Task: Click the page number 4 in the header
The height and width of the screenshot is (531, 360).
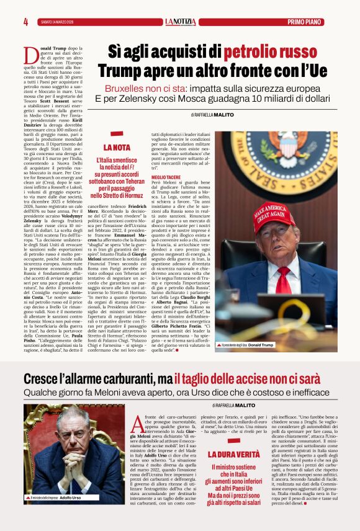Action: [25, 22]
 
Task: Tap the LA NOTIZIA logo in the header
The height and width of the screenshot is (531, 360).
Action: [180, 22]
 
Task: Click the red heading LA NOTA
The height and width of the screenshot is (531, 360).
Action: [117, 148]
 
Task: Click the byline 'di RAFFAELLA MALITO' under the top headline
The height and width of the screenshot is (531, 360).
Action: [213, 115]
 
